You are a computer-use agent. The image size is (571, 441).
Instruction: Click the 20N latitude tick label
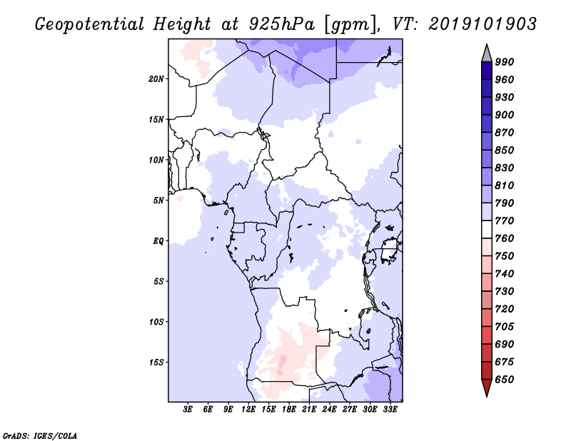coord(156,79)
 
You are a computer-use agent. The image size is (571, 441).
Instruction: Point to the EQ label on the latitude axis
coord(158,241)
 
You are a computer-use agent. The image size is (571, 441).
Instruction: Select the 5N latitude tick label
coord(158,201)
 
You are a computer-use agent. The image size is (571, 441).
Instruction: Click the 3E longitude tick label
coord(188,409)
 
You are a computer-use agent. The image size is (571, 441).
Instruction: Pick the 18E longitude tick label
coord(289,409)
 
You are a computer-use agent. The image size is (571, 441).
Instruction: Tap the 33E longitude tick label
coord(390,409)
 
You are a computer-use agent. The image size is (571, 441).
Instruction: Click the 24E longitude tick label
coord(329,409)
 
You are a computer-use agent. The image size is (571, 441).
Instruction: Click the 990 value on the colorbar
coord(505,62)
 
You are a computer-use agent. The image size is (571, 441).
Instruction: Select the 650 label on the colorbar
coord(505,380)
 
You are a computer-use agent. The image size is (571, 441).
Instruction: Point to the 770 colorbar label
coord(505,220)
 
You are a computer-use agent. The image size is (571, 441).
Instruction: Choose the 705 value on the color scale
coord(505,326)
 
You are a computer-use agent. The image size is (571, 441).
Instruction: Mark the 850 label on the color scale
coord(505,150)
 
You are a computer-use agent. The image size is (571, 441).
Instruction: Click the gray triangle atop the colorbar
coord(487,54)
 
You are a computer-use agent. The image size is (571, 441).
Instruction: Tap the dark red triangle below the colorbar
coord(487,387)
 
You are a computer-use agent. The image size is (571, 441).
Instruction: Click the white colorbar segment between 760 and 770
coord(487,230)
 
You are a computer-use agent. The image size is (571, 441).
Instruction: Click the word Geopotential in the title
coord(90,24)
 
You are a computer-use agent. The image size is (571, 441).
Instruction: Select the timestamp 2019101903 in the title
coord(482,24)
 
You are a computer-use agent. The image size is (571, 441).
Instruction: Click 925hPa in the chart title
coord(282,24)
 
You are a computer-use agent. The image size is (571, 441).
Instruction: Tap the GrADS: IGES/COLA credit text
coord(40,435)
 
